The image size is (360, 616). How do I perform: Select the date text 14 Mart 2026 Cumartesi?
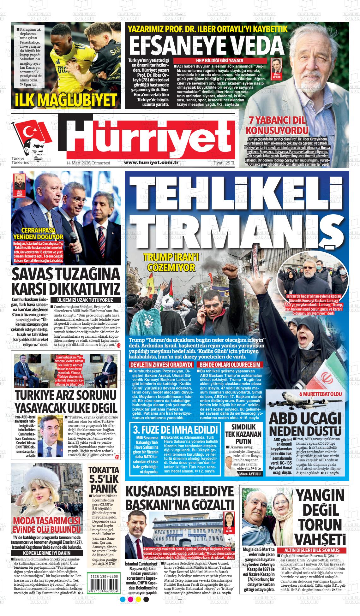coord(87,163)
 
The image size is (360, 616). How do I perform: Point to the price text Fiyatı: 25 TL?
coord(224,163)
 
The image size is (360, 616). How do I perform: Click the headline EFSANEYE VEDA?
coord(207,45)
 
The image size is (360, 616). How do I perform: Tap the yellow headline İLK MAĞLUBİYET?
coord(66,100)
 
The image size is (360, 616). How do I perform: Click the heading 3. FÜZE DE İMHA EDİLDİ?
coord(176,430)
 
